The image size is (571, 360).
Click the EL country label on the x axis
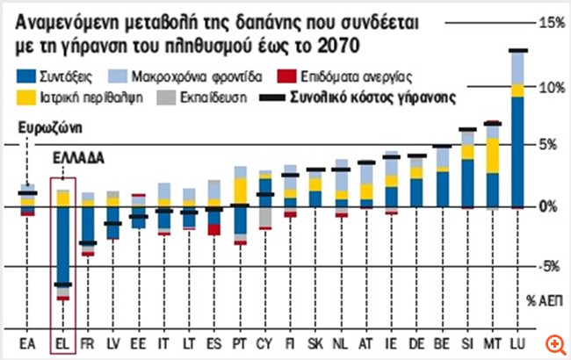[61, 342]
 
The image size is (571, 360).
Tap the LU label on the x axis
[519, 342]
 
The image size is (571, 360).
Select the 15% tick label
[550, 22]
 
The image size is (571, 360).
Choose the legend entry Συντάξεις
[61, 77]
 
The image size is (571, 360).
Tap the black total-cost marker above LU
[518, 50]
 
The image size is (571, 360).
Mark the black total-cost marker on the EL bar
[61, 284]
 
